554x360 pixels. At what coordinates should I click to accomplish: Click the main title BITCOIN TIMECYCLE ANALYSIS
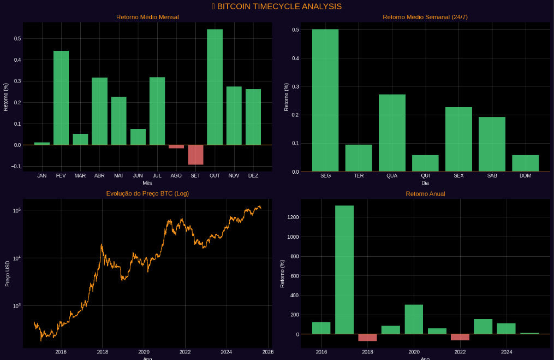[x=277, y=7]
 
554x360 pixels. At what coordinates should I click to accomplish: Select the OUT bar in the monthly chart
[x=215, y=87]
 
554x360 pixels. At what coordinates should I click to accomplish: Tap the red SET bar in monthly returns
[x=195, y=155]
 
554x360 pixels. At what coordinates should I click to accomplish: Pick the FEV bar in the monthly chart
[x=61, y=98]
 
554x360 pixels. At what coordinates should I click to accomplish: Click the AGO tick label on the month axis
[x=176, y=176]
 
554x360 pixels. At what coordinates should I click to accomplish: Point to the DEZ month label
[x=253, y=176]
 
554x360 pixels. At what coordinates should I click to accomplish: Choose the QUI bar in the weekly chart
[x=425, y=163]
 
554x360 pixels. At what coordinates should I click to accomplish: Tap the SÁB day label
[x=492, y=176]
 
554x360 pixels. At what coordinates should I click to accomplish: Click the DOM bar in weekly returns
[x=525, y=163]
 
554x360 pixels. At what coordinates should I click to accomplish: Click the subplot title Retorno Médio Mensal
[x=147, y=17]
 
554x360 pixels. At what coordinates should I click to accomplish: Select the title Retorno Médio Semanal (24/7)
[x=425, y=17]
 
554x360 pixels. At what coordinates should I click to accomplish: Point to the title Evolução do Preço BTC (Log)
[x=147, y=193]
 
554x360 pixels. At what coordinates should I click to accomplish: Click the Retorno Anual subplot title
[x=425, y=193]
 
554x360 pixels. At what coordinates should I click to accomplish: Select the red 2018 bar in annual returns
[x=367, y=337]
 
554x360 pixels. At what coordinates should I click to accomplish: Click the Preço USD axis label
[x=8, y=273]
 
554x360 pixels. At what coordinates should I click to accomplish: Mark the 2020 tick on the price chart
[x=144, y=352]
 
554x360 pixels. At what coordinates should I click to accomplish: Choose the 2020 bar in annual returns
[x=414, y=319]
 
